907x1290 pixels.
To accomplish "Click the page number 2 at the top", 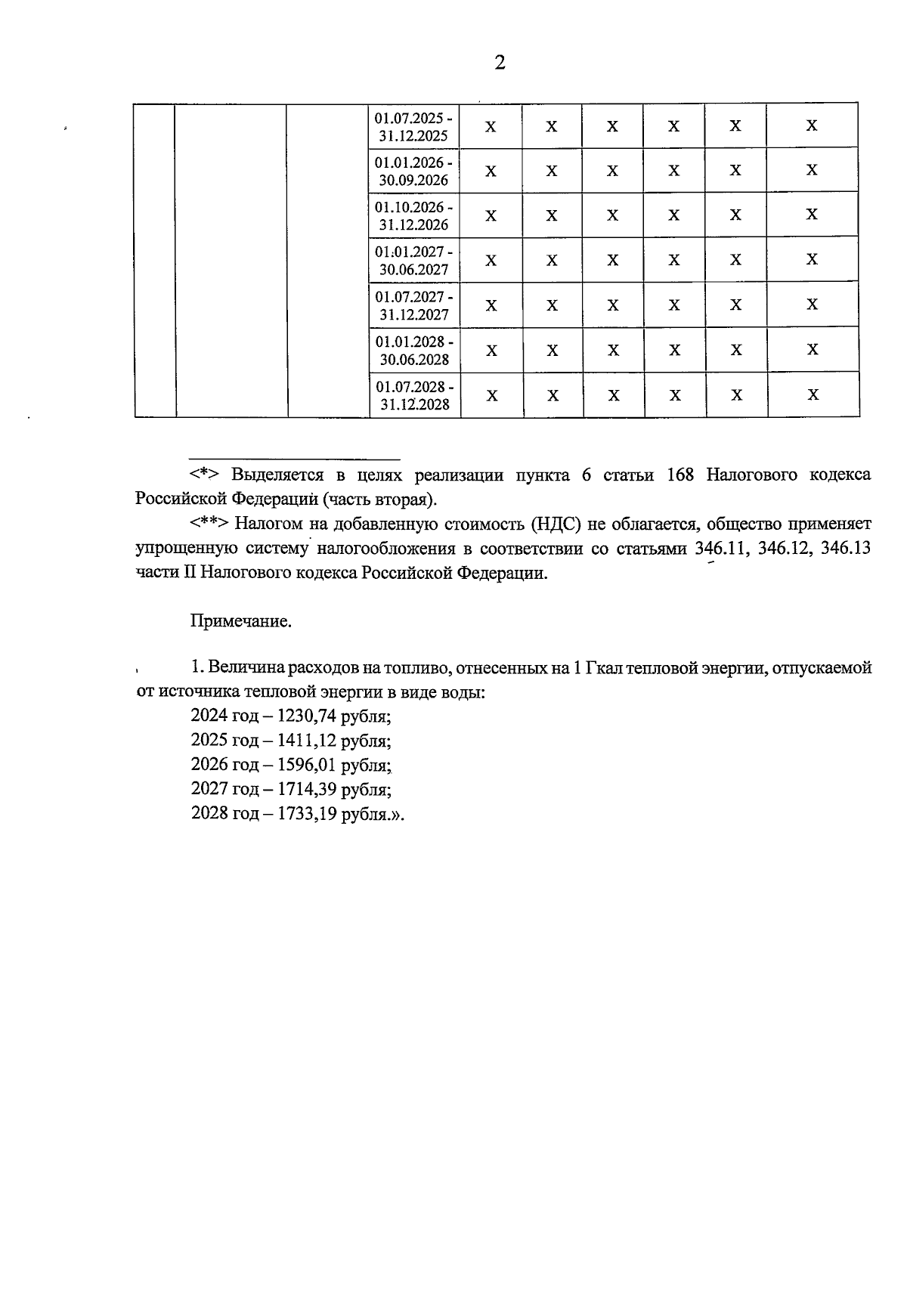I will pos(500,63).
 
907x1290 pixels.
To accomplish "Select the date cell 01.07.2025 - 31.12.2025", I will pos(414,127).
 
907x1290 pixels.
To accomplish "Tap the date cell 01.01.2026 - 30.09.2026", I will pos(414,172).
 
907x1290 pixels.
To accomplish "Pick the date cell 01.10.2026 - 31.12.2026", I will pos(414,216).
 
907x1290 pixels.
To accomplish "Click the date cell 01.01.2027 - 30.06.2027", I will pos(414,261).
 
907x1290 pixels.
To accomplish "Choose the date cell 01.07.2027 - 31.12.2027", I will pos(414,305).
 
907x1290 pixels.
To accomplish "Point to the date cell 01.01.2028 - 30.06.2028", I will pos(414,351).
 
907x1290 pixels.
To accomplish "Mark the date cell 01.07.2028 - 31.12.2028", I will pos(414,395).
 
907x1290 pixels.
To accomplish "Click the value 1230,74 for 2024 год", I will pos(306,716).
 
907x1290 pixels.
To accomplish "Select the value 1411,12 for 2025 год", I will pos(306,741).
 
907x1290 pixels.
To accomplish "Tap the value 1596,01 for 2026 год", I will pos(306,766).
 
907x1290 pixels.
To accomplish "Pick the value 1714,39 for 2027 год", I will pos(306,790).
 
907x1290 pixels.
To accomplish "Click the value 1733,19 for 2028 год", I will pos(306,815).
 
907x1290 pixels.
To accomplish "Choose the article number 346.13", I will pos(845,549).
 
